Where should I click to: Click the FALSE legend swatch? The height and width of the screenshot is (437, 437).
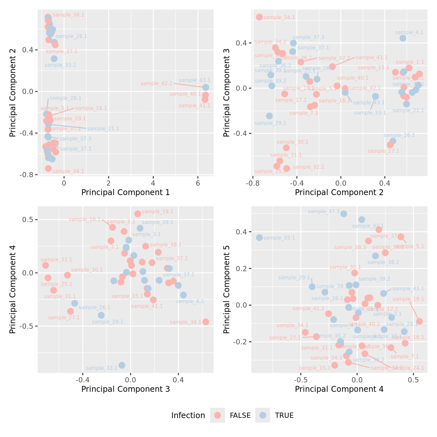pyautogui.click(x=218, y=415)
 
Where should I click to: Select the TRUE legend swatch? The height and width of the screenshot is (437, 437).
pyautogui.click(x=263, y=415)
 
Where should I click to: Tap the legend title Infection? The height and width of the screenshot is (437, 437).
pyautogui.click(x=188, y=416)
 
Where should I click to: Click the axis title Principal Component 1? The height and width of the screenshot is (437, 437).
pyautogui.click(x=126, y=192)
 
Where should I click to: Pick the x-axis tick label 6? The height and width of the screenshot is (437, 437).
pyautogui.click(x=198, y=183)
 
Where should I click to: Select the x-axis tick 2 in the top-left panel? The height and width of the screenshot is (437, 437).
pyautogui.click(x=109, y=183)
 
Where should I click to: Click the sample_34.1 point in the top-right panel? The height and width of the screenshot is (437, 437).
pyautogui.click(x=259, y=17)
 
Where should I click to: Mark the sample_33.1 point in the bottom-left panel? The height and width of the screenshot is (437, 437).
pyautogui.click(x=122, y=365)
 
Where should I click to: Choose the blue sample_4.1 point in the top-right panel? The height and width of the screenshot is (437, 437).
pyautogui.click(x=403, y=38)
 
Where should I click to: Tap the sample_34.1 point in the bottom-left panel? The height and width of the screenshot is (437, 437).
pyautogui.click(x=205, y=322)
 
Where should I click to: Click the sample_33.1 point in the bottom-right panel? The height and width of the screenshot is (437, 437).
pyautogui.click(x=259, y=238)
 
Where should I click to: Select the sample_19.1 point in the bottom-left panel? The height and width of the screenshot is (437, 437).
pyautogui.click(x=138, y=214)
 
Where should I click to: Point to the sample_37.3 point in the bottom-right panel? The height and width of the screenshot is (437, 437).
pyautogui.click(x=344, y=214)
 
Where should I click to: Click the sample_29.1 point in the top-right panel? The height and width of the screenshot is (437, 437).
pyautogui.click(x=269, y=116)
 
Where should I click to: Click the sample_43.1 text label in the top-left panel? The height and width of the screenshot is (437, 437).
pyautogui.click(x=194, y=80)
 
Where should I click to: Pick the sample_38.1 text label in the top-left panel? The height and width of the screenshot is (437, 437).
pyautogui.click(x=68, y=15)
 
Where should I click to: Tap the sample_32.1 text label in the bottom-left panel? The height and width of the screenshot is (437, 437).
pyautogui.click(x=57, y=260)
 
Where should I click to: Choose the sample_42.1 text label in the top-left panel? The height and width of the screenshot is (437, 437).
pyautogui.click(x=156, y=84)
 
